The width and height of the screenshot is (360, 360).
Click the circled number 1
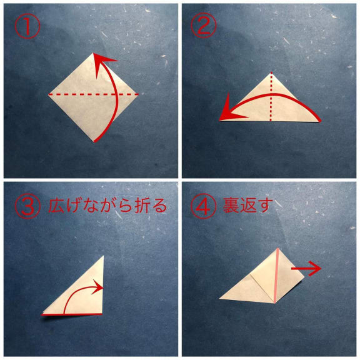[27, 26]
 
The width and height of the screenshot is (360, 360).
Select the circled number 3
[27, 206]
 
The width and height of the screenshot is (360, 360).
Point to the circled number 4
[203, 206]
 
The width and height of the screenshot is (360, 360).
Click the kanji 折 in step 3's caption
[142, 205]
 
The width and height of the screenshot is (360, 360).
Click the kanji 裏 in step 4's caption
[231, 205]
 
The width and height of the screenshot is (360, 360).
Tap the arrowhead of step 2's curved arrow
[231, 110]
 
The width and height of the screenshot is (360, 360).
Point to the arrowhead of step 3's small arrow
[98, 286]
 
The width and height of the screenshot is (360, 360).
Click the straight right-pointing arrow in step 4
[306, 268]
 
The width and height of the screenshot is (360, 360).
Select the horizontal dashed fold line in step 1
[94, 94]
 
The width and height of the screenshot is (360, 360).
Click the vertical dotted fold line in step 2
[271, 96]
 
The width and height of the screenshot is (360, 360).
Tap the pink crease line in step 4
[276, 276]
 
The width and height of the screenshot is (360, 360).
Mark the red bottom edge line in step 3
[72, 314]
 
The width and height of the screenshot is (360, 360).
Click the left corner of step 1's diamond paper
[49, 94]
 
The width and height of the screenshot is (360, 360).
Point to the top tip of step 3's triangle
[104, 256]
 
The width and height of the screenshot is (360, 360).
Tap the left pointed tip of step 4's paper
[220, 299]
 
